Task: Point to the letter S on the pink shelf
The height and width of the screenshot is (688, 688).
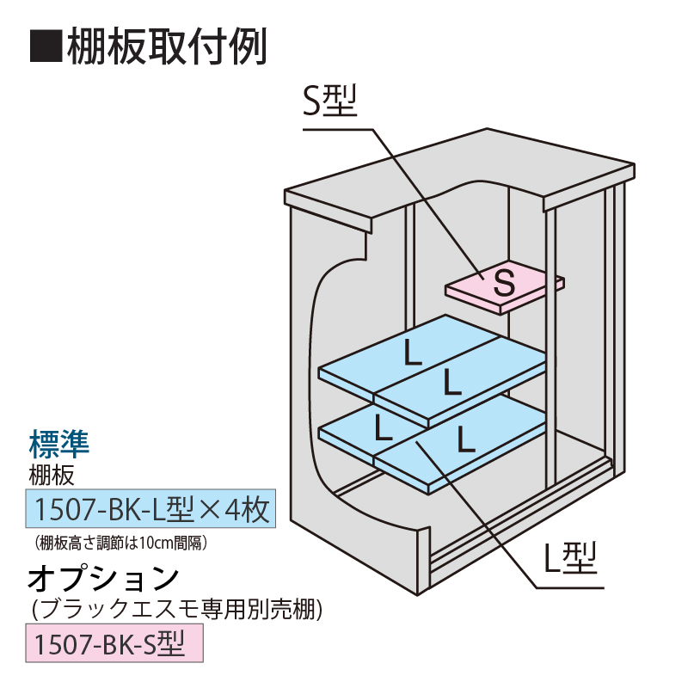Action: coord(505,279)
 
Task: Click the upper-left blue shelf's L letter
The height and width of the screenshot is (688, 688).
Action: coord(413,353)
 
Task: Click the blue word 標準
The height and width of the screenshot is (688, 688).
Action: coord(59,445)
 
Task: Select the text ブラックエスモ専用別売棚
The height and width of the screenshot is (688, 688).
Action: coord(176,611)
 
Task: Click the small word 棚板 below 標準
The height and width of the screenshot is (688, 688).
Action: coord(52,474)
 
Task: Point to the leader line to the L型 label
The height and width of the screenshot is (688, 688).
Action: coord(482,516)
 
